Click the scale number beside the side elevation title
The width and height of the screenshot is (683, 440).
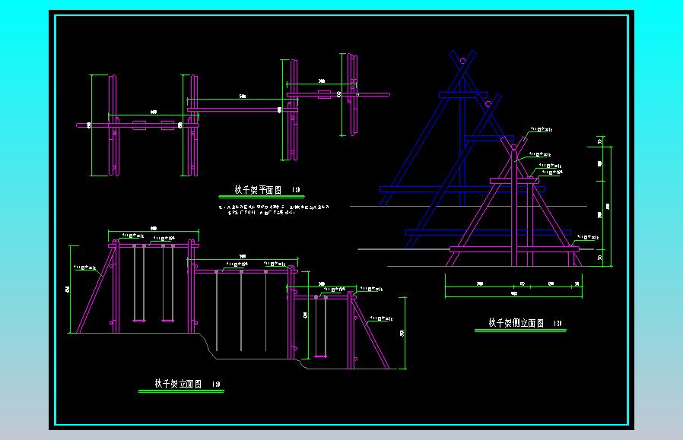pos(558,324)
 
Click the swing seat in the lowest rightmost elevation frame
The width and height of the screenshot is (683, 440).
pos(320,354)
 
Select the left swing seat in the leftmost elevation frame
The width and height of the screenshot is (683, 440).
pos(139,321)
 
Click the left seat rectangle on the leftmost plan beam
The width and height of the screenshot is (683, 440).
pos(139,125)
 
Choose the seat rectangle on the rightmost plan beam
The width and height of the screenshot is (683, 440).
pos(324,95)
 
